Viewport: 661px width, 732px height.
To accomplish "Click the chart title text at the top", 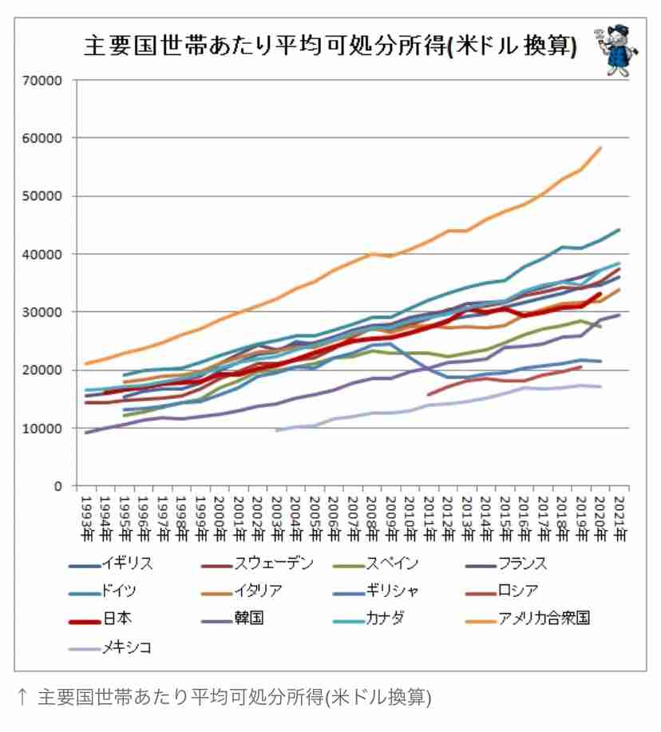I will click(x=330, y=46).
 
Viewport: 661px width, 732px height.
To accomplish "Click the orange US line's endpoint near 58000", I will click(x=600, y=148).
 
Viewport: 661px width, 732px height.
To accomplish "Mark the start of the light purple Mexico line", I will click(x=276, y=431).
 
